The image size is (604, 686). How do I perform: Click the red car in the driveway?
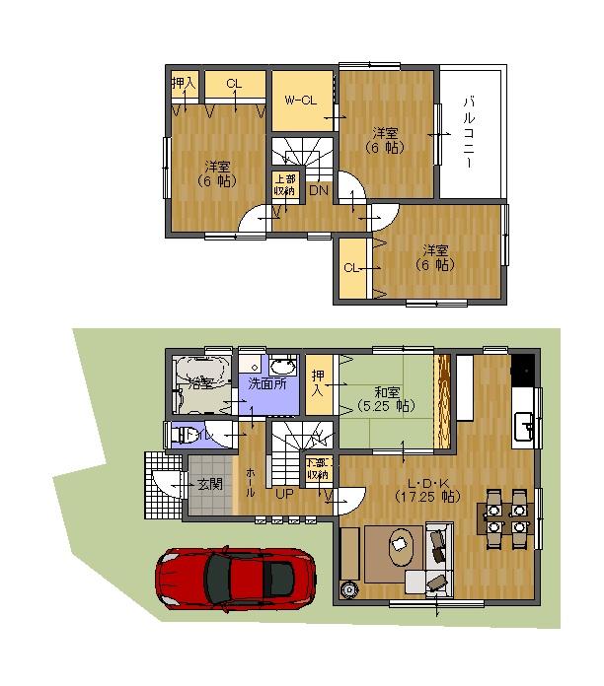(236, 581)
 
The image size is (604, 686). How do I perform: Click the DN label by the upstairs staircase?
(319, 189)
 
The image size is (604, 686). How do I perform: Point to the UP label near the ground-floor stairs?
(284, 493)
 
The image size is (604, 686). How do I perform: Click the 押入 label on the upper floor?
(185, 85)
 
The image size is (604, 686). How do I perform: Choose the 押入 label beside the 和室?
(318, 383)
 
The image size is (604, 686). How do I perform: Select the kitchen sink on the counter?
(526, 426)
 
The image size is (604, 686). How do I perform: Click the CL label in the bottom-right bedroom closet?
(350, 267)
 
